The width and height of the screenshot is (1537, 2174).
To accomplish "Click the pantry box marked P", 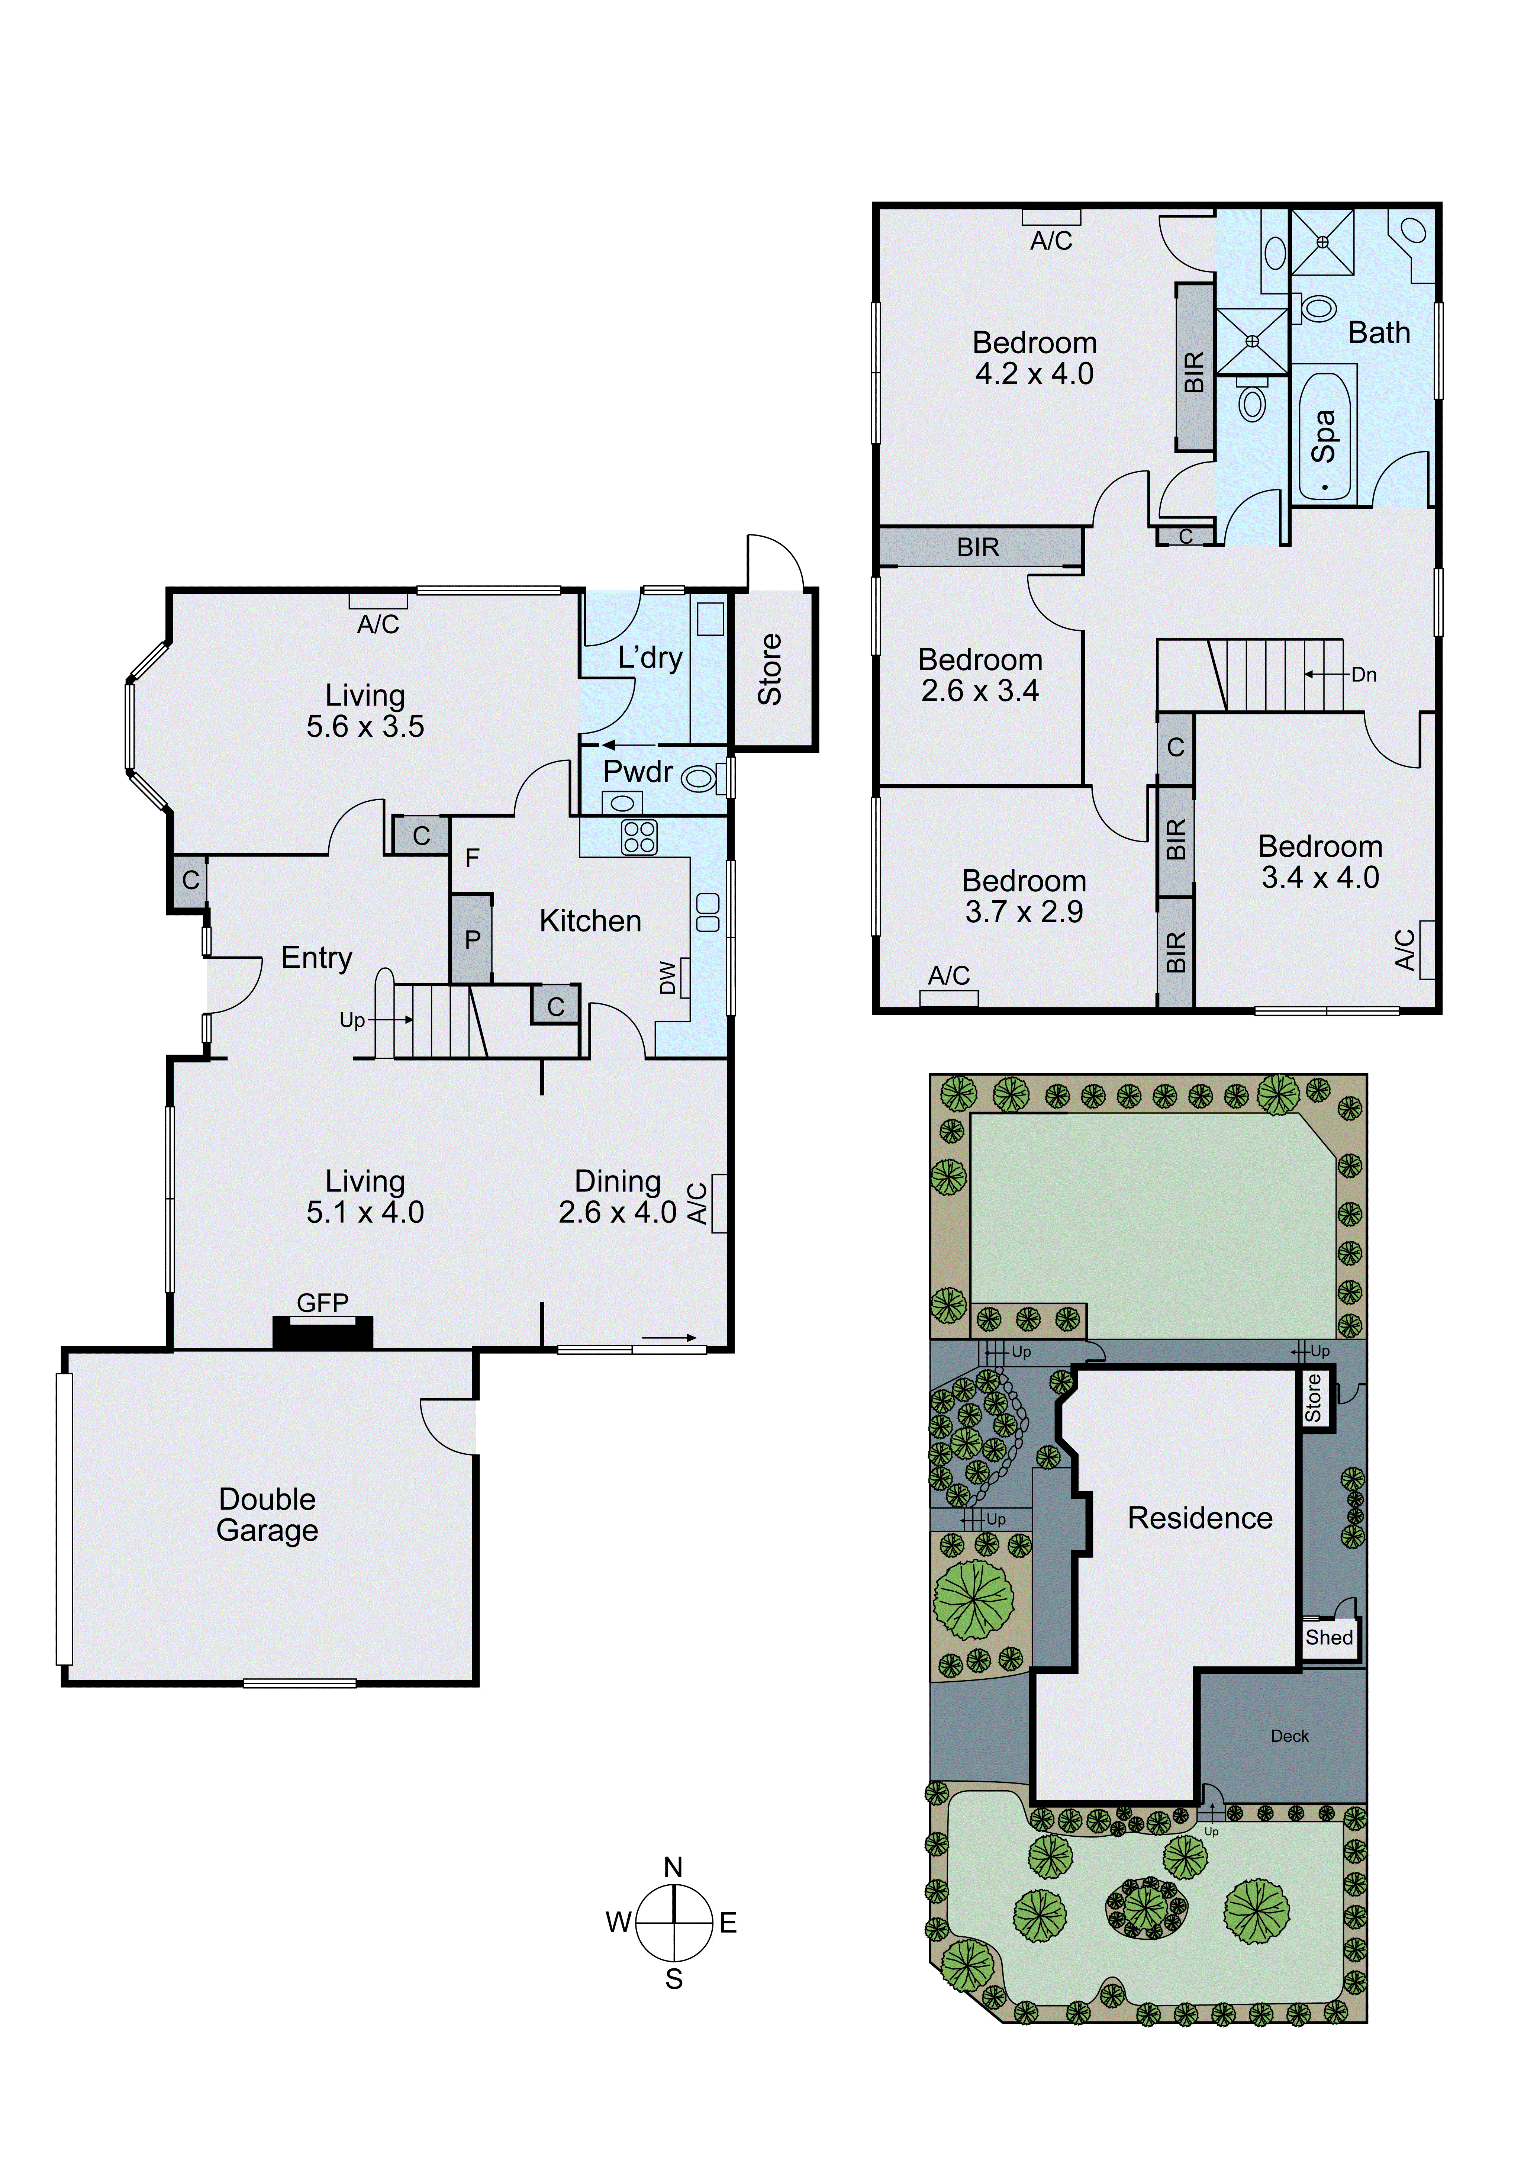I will (x=471, y=939).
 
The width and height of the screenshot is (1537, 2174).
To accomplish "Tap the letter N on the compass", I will (x=673, y=1867).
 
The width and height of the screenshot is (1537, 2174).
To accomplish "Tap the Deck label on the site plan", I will (x=1289, y=1736).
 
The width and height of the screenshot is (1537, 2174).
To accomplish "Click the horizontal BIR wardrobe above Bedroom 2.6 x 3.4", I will (x=979, y=547).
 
